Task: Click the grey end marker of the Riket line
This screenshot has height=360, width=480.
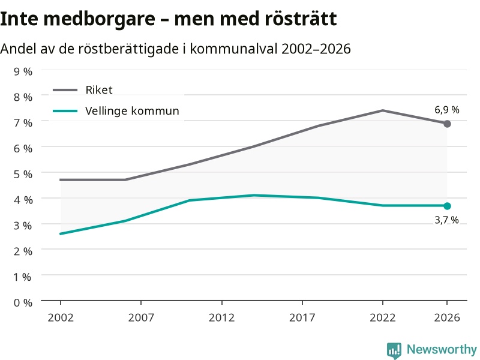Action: coord(447,124)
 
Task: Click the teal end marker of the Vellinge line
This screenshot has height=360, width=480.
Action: coord(447,206)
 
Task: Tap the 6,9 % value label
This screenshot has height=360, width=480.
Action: coord(447,110)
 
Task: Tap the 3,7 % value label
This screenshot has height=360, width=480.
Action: coord(446,220)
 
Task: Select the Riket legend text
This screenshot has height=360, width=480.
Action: coord(99,90)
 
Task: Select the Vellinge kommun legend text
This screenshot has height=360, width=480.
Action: coord(132,111)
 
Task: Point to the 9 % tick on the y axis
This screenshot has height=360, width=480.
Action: coord(23,71)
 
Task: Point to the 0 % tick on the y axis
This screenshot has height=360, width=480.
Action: coord(23,303)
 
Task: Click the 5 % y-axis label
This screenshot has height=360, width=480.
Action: coord(23,174)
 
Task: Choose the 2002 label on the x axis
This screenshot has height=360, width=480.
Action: coord(61,317)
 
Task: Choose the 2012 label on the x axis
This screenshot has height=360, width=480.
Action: coord(221,317)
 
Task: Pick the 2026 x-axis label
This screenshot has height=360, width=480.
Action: coord(447,317)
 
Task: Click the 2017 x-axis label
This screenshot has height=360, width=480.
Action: coord(302,317)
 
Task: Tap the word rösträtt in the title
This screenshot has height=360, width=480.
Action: coord(301,19)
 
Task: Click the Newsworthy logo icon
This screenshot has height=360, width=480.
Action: coord(394,350)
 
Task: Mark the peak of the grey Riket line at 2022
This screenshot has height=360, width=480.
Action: coord(383,110)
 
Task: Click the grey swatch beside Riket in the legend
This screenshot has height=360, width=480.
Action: coord(65,90)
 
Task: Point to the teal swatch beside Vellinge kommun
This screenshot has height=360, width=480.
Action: coord(65,111)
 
